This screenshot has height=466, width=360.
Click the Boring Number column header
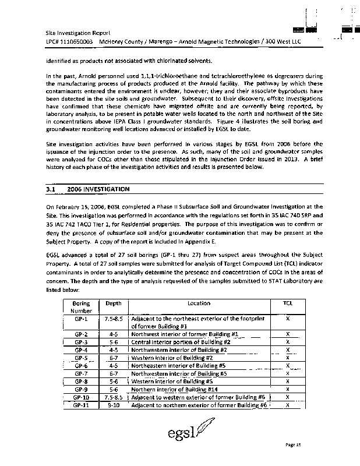click(x=81, y=307)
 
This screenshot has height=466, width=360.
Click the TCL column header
click(x=288, y=303)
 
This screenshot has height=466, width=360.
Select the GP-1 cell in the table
click(x=81, y=319)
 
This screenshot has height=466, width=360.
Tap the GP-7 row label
click(x=81, y=373)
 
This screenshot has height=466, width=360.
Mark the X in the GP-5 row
click(x=288, y=358)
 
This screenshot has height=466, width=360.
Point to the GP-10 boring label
click(x=81, y=397)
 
